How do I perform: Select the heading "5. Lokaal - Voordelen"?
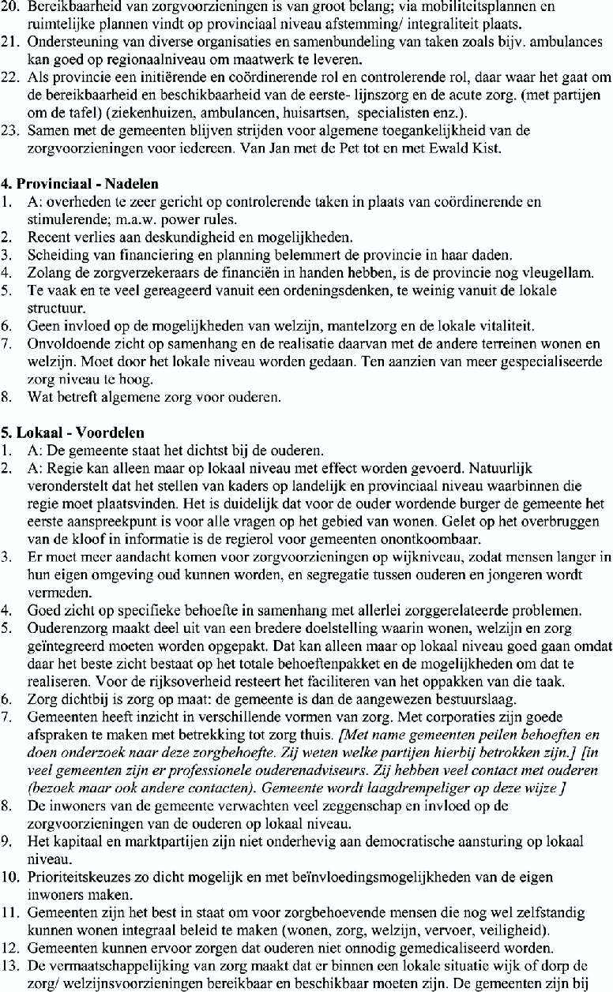click(x=73, y=433)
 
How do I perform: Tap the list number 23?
click(x=10, y=129)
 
